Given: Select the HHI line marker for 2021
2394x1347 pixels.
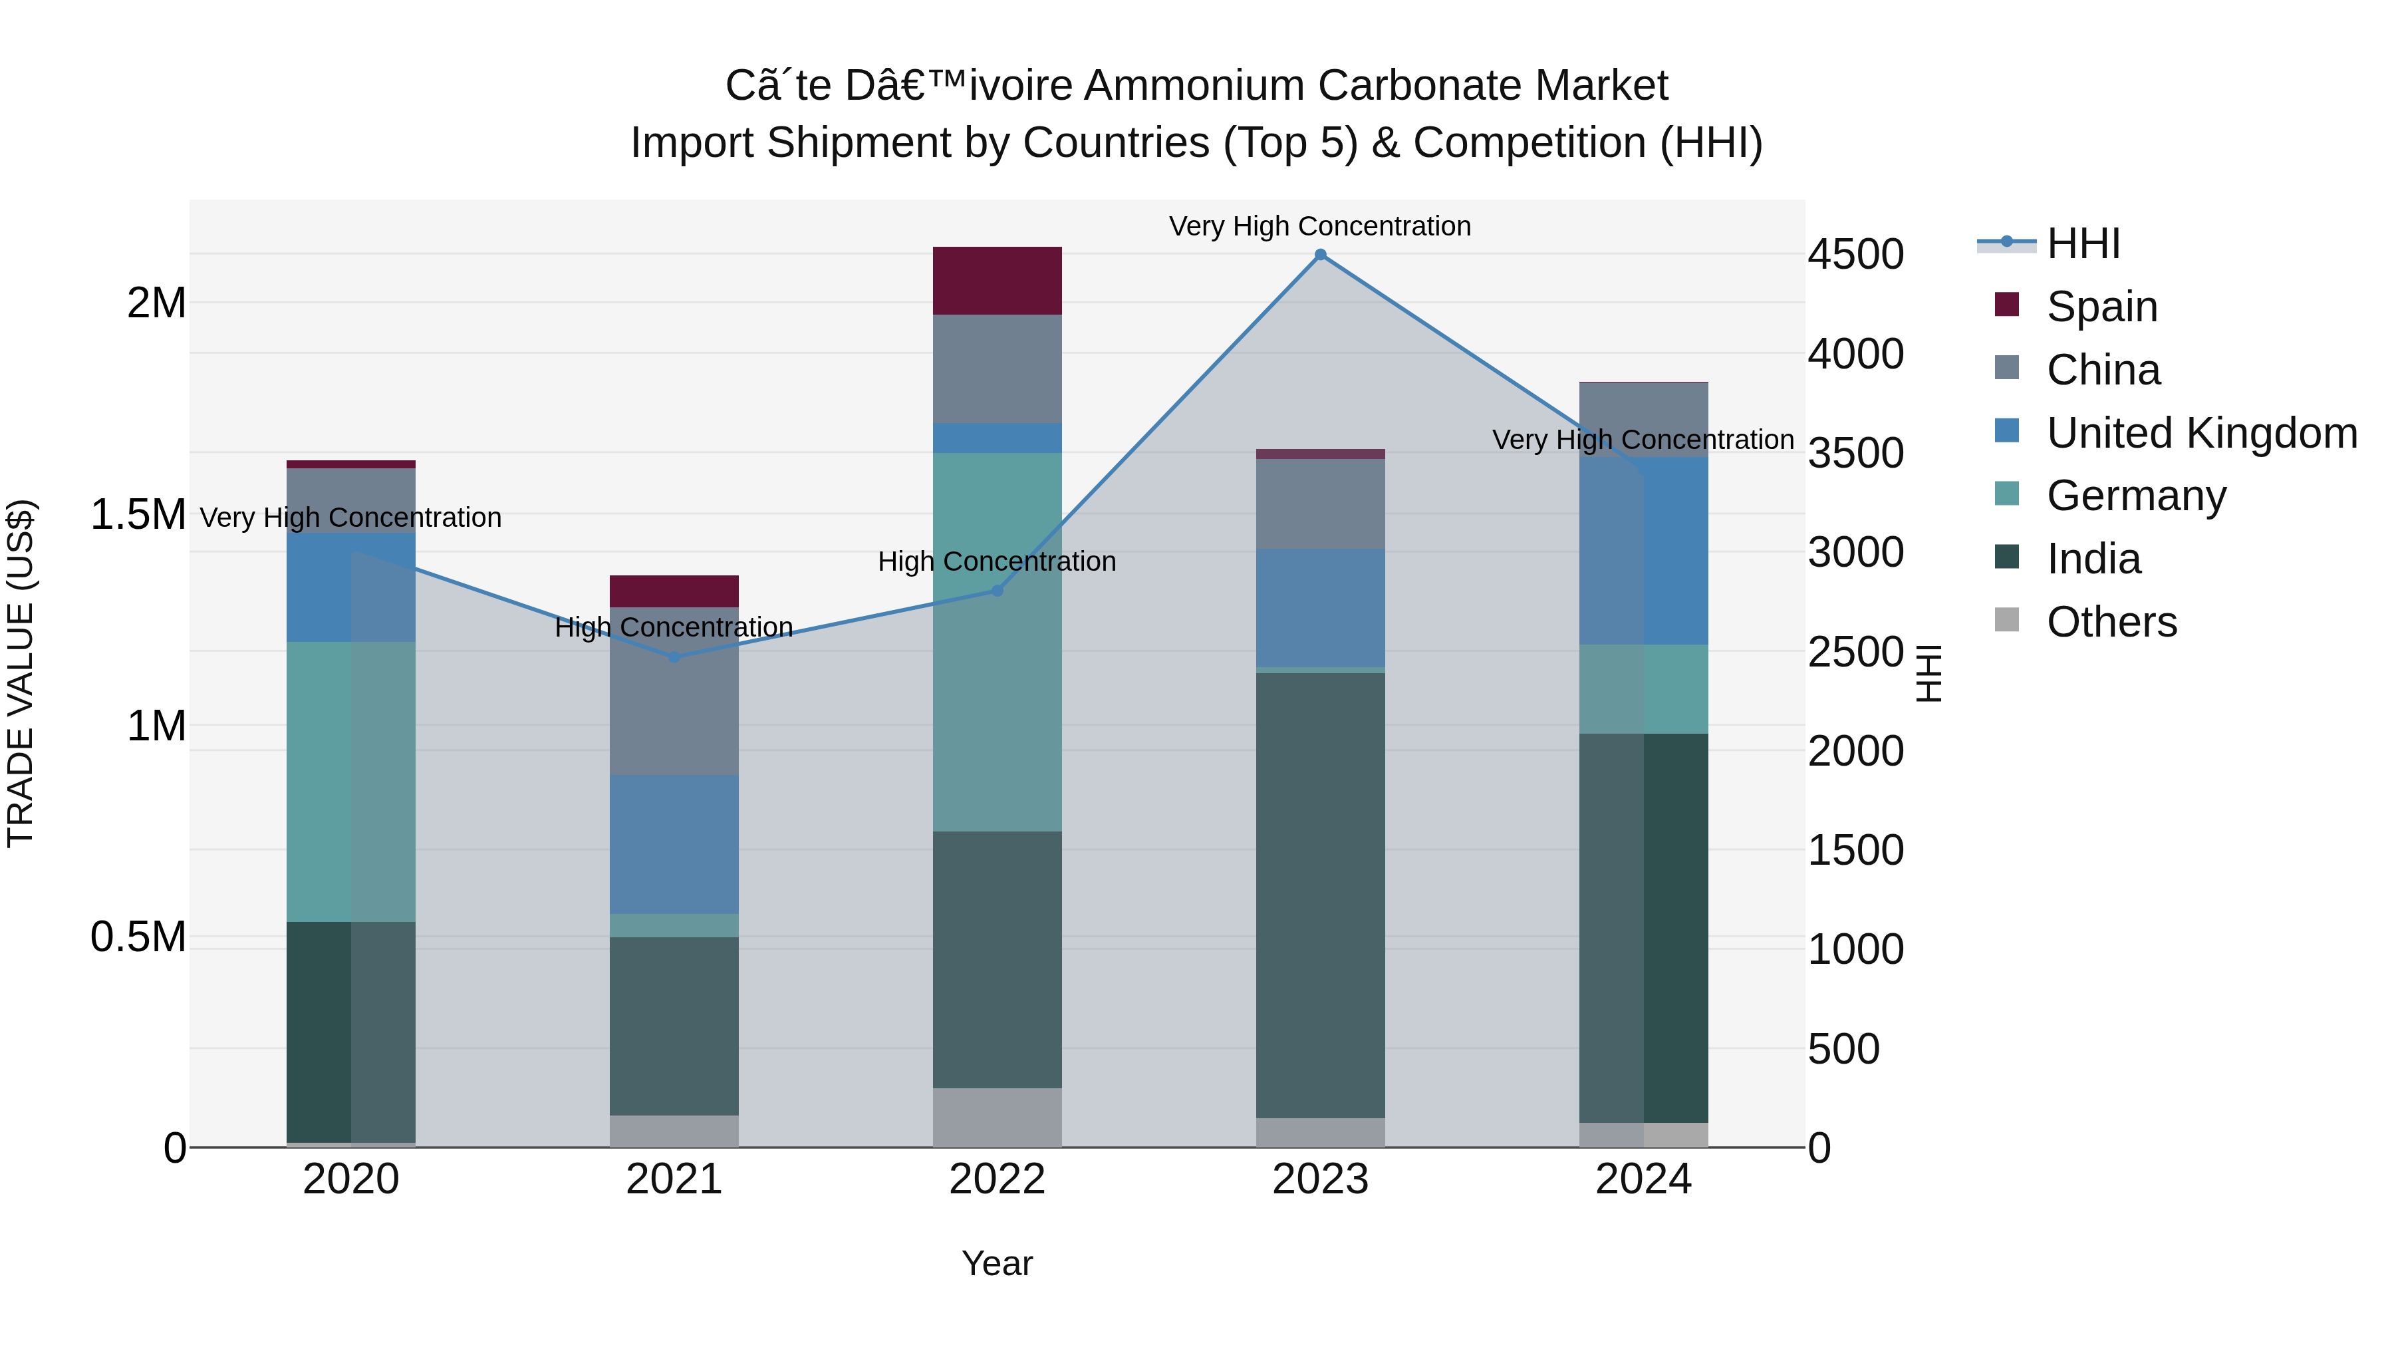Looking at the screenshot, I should click(675, 657).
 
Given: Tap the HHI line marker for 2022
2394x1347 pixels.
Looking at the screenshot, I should click(997, 590).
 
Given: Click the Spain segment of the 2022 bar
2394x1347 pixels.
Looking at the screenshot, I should click(997, 281).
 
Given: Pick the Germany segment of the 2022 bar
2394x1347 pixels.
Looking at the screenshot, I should click(997, 641).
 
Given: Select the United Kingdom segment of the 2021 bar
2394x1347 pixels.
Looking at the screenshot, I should click(675, 844).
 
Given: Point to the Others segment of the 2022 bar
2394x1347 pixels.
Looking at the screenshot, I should click(997, 1118).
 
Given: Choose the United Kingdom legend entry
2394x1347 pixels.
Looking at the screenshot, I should click(2200, 433).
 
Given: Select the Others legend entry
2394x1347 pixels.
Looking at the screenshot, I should click(2111, 622).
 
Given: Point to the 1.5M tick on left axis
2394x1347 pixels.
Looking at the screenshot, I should click(138, 515).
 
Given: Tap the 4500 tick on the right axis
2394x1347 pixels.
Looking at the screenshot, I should click(1855, 255).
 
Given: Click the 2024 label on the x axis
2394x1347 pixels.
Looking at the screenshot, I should click(1643, 1179).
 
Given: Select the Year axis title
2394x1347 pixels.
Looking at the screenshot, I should click(997, 1263).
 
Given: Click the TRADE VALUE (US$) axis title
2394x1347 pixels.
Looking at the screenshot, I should click(21, 673).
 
